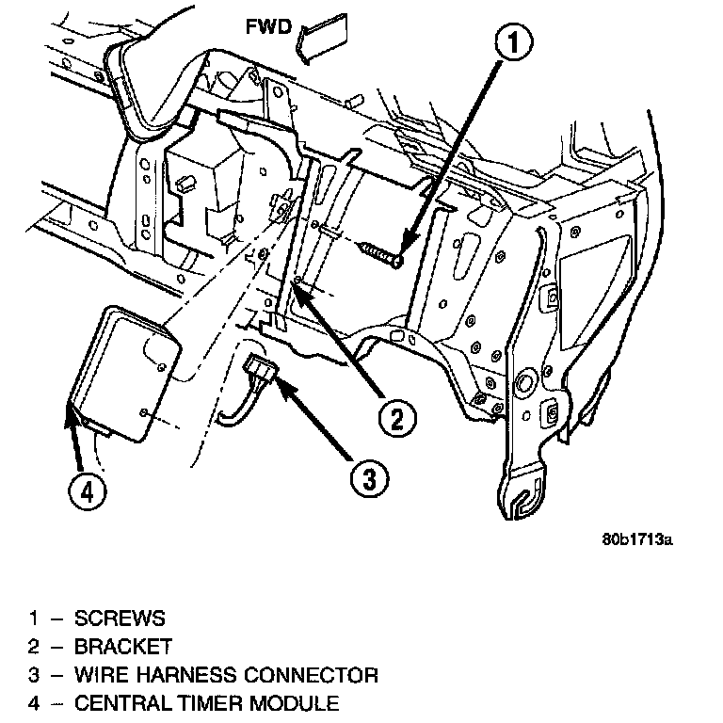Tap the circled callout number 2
pos(395,414)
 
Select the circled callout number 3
pos(369,478)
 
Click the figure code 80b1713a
pos(640,541)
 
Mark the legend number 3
pos(35,675)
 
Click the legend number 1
pos(35,619)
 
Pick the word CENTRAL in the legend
pos(117,703)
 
